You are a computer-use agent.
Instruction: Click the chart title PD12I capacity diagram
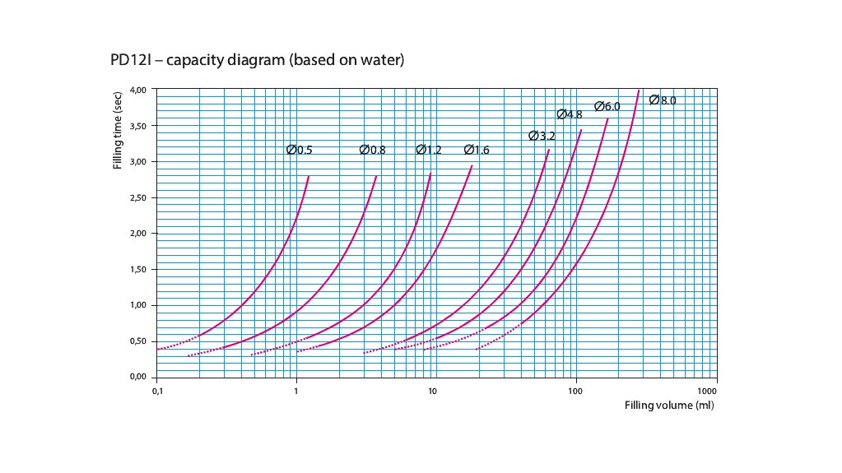click(257, 61)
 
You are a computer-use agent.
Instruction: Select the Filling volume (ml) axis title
click(668, 406)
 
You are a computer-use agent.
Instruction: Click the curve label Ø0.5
click(299, 150)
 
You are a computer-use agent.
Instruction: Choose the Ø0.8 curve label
click(372, 150)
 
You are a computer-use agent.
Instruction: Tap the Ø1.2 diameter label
click(429, 150)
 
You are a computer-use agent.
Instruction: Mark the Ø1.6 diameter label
click(477, 150)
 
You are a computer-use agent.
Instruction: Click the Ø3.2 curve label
click(542, 136)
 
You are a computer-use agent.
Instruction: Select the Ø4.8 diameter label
click(570, 114)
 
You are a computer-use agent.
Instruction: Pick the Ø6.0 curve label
click(607, 106)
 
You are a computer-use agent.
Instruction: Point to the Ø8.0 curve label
click(663, 100)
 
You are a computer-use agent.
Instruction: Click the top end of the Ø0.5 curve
click(309, 176)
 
